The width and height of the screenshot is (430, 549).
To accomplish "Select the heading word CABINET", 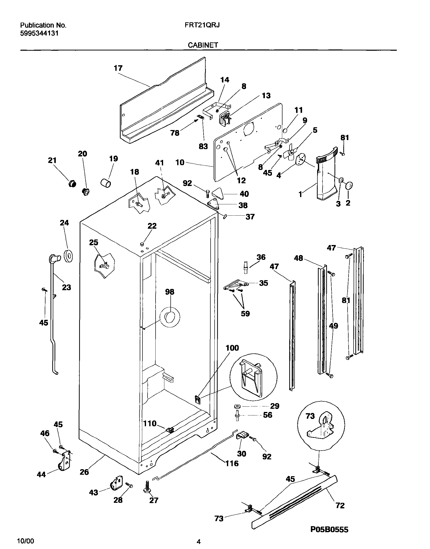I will [203, 45].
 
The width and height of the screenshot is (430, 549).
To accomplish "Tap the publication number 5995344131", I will [39, 33].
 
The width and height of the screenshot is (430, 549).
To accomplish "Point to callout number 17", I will [118, 68].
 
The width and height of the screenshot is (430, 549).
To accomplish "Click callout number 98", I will [170, 292].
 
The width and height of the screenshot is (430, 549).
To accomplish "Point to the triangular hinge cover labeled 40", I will [219, 193].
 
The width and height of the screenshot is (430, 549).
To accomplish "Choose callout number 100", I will [232, 348].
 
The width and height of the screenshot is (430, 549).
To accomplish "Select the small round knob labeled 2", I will [349, 185].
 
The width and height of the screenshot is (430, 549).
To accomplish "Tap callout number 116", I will [232, 463].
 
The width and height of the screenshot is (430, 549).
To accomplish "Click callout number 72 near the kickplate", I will [340, 505].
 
